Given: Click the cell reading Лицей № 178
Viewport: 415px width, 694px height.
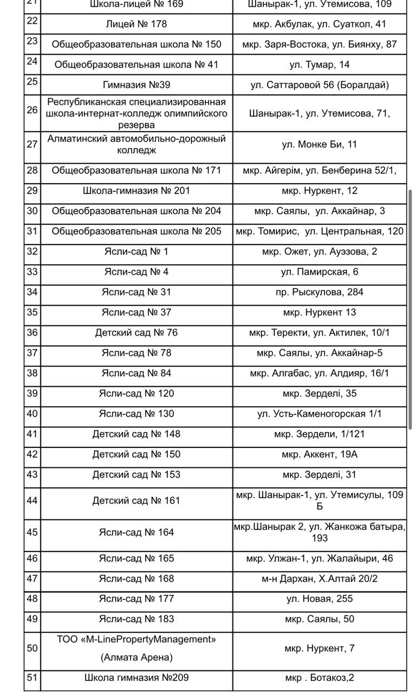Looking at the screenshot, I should click(x=136, y=24).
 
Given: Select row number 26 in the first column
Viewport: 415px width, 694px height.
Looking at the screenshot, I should click(x=32, y=110).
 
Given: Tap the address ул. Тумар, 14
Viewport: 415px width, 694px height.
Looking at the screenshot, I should click(x=319, y=65).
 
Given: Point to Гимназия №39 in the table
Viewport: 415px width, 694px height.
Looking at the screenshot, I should click(x=136, y=85).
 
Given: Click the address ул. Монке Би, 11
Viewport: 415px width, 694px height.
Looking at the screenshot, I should click(x=319, y=144).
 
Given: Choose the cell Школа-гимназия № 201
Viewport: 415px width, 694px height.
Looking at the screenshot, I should click(x=136, y=191).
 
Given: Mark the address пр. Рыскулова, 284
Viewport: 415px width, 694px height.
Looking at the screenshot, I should click(x=319, y=292).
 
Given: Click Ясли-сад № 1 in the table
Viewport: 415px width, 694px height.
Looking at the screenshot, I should click(x=136, y=252).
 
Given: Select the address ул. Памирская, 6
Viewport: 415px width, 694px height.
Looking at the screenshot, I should click(x=319, y=272).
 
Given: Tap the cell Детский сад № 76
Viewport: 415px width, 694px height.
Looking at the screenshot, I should click(x=136, y=332).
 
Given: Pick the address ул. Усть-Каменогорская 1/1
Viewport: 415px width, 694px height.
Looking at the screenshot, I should click(x=319, y=414).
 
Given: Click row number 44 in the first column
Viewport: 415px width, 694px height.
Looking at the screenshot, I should click(x=32, y=500).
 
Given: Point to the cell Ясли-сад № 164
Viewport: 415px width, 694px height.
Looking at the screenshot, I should click(x=136, y=532).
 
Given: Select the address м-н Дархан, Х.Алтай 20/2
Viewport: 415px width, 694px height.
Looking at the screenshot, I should click(x=319, y=579).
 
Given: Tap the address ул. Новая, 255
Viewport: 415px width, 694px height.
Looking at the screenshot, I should click(x=319, y=599).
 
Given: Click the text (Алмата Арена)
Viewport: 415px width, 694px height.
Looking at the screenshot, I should click(x=136, y=658).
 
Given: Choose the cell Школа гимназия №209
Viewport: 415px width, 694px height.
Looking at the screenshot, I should click(x=136, y=677).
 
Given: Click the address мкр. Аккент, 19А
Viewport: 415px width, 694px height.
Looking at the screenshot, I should click(x=319, y=454).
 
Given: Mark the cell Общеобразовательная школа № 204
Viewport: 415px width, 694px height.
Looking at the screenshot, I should click(x=136, y=211).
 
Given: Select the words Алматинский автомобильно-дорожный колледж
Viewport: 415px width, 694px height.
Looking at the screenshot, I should click(x=136, y=144).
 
